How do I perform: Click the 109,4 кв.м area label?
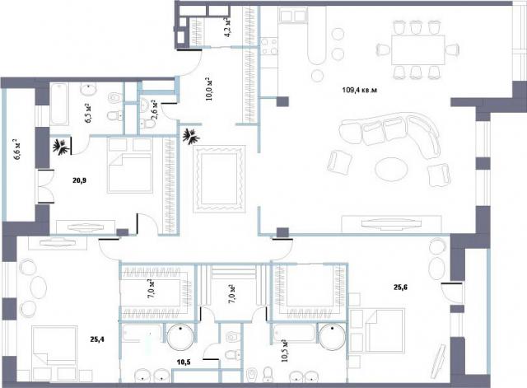(x=360, y=90)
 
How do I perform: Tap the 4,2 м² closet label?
(x=228, y=27)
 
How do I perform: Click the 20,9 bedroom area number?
(x=80, y=180)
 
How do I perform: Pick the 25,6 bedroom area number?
(x=401, y=287)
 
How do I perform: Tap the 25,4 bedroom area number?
(x=97, y=339)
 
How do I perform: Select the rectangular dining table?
(x=418, y=49)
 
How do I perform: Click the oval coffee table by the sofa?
(x=392, y=170)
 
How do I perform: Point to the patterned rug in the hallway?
(x=219, y=179)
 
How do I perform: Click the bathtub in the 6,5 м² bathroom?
(x=59, y=105)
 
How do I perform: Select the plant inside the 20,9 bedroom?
(x=62, y=147)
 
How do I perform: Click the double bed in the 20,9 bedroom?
(x=130, y=166)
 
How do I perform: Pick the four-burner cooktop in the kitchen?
(x=269, y=46)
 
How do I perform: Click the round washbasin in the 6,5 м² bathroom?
(x=89, y=89)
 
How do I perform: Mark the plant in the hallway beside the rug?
(x=192, y=137)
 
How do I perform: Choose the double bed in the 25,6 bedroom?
(x=377, y=330)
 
